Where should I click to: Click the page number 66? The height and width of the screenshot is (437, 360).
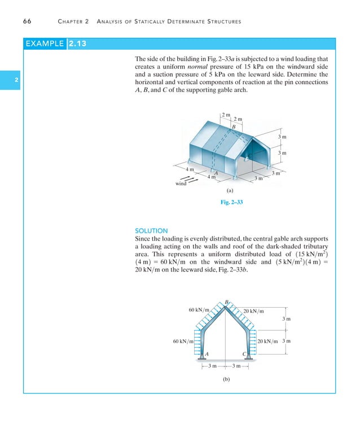click(x=27, y=21)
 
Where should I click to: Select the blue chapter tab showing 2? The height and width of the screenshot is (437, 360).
click(x=17, y=81)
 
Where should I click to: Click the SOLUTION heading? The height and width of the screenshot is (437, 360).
click(x=151, y=230)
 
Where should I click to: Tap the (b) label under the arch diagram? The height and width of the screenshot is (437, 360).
click(x=226, y=380)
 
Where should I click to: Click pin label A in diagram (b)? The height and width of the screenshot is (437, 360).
click(x=207, y=354)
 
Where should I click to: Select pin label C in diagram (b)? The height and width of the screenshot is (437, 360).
click(x=244, y=354)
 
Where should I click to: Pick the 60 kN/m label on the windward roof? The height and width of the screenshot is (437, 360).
click(x=199, y=309)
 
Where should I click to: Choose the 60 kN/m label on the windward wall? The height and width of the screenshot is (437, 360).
click(x=183, y=341)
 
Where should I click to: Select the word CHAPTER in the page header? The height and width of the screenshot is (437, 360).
click(x=73, y=21)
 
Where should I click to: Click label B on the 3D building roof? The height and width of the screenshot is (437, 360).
click(x=234, y=127)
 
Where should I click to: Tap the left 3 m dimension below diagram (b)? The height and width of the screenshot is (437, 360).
click(x=213, y=366)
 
